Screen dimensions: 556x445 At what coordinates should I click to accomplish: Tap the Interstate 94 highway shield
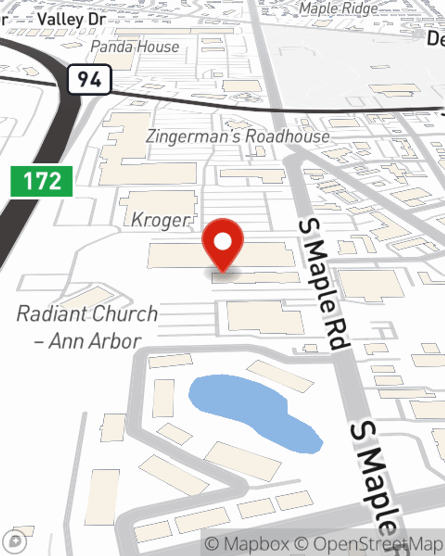(x=89, y=80)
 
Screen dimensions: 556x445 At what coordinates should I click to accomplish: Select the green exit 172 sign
(x=41, y=181)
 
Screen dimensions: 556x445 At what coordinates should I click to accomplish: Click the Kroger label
(x=160, y=220)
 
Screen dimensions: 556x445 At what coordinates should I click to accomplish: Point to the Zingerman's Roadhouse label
(x=238, y=136)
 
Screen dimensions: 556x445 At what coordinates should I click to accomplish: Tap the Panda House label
(x=135, y=47)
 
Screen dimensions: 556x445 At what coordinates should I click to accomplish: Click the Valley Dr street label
(x=71, y=20)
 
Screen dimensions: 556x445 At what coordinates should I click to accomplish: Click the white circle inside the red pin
(x=222, y=242)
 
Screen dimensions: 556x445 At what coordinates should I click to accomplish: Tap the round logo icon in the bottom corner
(x=16, y=541)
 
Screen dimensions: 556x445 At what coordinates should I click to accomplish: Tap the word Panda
(x=112, y=47)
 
